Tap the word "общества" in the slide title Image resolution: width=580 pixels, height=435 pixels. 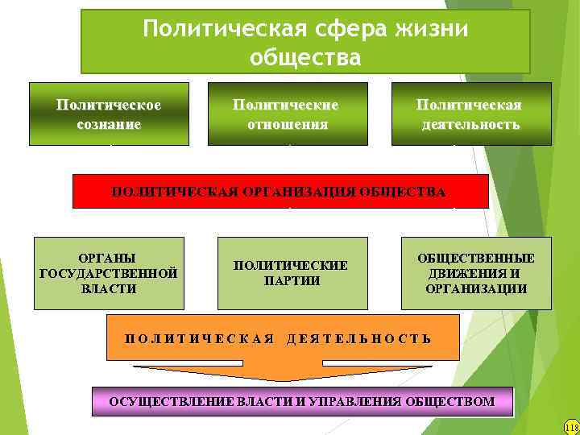(305, 58)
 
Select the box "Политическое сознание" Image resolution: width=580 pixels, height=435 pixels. (109, 114)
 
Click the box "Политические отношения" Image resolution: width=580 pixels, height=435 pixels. (288, 114)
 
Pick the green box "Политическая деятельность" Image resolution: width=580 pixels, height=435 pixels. (471, 114)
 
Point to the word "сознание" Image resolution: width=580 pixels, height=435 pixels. (109, 125)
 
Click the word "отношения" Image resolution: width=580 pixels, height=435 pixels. (288, 125)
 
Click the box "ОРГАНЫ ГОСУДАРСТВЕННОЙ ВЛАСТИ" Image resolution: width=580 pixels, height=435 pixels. (109, 273)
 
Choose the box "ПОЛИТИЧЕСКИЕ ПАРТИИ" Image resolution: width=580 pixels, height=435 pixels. (292, 273)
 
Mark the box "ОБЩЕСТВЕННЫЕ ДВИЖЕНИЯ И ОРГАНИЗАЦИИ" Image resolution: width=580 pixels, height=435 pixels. (476, 273)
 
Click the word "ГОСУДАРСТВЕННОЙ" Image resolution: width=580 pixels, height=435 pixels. (109, 273)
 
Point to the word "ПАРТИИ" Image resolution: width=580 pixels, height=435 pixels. (292, 280)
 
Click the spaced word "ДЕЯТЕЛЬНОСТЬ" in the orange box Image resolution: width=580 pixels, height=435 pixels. (359, 338)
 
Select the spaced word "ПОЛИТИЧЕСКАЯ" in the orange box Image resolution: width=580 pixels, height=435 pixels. (200, 338)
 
